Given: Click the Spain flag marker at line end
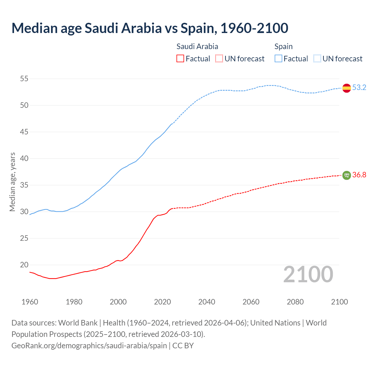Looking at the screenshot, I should (346, 88).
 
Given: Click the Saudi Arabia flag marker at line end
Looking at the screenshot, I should (346, 175).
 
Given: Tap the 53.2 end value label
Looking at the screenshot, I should (359, 87).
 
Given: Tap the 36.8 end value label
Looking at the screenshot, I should (359, 175).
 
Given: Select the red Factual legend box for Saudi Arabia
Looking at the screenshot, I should (180, 59).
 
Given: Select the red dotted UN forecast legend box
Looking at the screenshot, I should (219, 59).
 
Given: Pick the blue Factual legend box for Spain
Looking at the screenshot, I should (278, 59).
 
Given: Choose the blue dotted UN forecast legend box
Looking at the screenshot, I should (317, 59).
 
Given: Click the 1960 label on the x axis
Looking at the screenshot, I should (30, 302).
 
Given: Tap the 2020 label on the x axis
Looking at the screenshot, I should (162, 302).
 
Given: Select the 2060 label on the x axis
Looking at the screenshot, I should (251, 302).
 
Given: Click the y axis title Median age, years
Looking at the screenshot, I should (12, 182).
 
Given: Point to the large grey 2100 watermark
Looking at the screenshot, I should (308, 274).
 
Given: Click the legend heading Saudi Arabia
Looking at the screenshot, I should (197, 46).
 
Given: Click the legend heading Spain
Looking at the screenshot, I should (283, 46).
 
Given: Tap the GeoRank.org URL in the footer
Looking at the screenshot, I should (89, 346).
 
